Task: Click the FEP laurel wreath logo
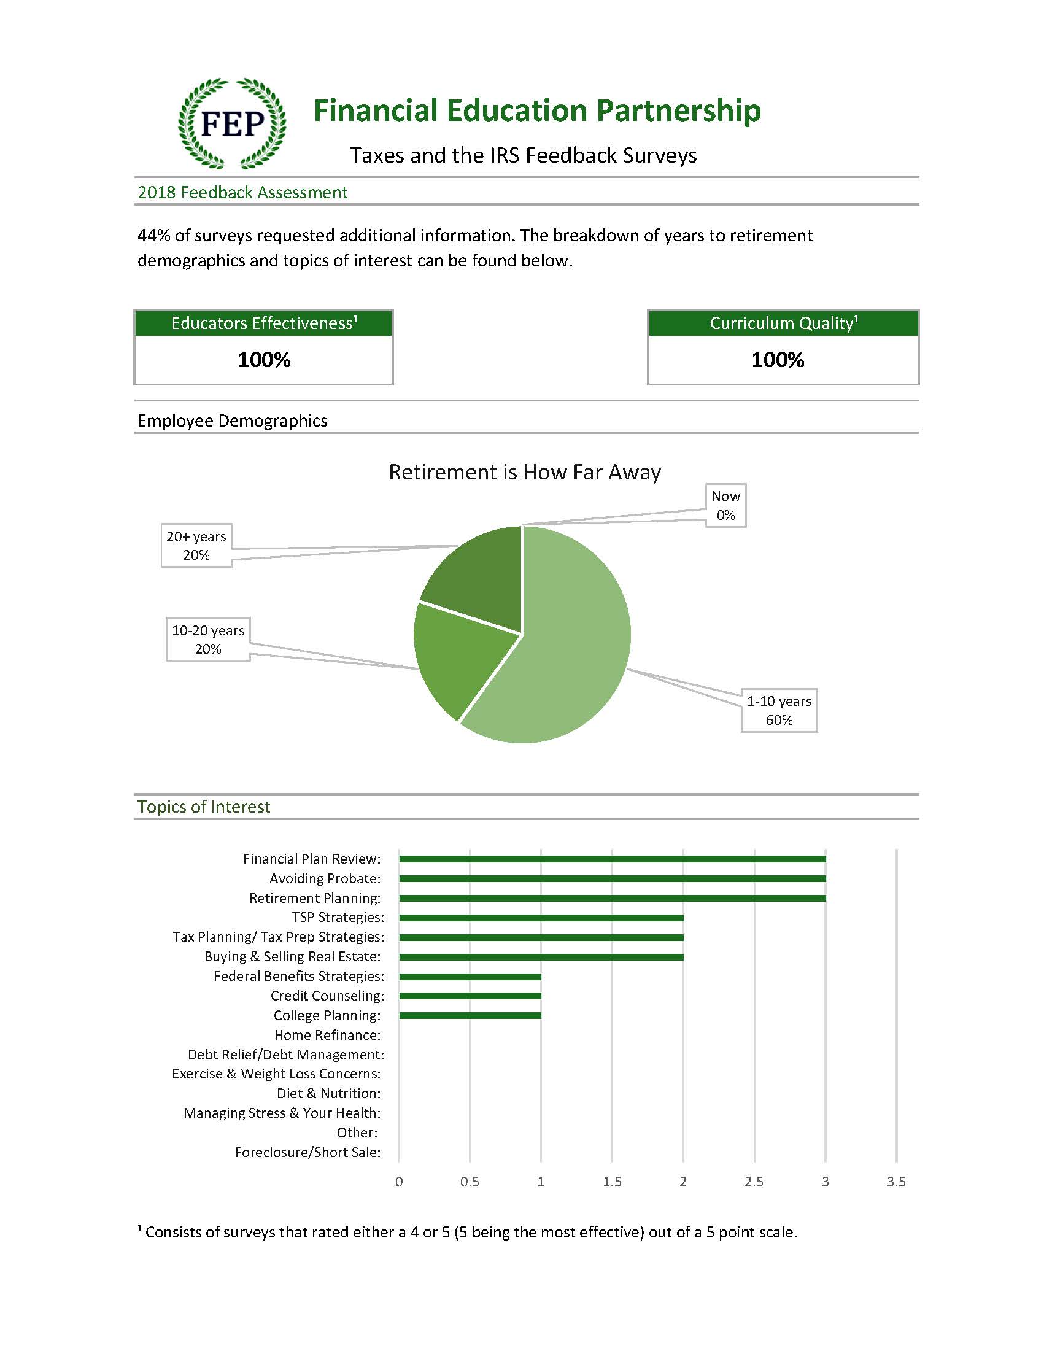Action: tap(232, 124)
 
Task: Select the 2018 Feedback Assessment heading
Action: tap(242, 192)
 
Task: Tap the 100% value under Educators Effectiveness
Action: tap(264, 360)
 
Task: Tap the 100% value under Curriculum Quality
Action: tap(778, 360)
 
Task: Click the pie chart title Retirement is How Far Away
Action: tap(525, 472)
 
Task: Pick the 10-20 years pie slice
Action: tap(458, 662)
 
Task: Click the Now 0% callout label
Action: tap(725, 505)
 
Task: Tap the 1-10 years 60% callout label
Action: tap(779, 710)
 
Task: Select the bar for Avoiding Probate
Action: tap(613, 878)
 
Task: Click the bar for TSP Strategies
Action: tap(541, 918)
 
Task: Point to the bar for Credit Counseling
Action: tap(470, 996)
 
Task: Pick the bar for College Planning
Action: tap(470, 1015)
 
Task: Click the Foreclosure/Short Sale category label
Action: tap(307, 1152)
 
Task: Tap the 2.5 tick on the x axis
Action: tap(754, 1182)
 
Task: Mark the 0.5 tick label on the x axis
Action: tap(470, 1182)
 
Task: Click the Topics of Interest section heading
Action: tap(204, 807)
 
